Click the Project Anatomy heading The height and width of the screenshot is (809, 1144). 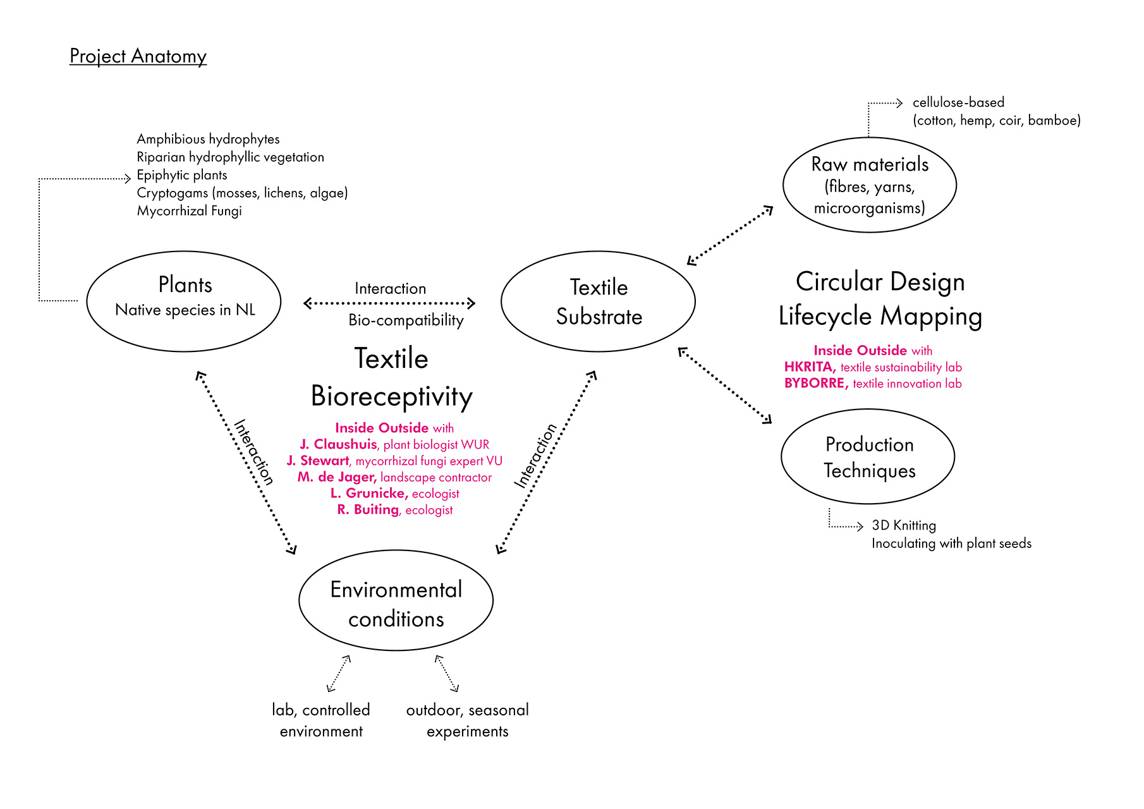click(x=138, y=56)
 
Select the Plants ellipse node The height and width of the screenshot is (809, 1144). click(x=184, y=301)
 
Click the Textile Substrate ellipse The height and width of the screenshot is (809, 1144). click(x=598, y=301)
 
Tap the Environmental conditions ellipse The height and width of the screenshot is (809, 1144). click(x=396, y=600)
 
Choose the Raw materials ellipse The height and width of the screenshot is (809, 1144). click(x=869, y=185)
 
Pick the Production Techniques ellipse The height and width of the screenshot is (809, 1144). click(x=868, y=457)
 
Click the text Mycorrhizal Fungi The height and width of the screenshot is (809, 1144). click(x=189, y=211)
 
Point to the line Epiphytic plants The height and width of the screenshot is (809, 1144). click(x=182, y=175)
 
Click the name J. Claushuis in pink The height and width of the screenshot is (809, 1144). click(x=339, y=444)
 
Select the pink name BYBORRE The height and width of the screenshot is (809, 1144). click(x=815, y=383)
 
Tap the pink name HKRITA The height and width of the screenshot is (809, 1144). click(x=810, y=367)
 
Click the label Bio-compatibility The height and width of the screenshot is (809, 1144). click(x=406, y=320)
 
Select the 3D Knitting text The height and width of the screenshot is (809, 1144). click(x=903, y=525)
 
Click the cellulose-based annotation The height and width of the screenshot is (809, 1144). click(x=958, y=102)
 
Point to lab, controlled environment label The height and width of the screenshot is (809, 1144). click(x=321, y=721)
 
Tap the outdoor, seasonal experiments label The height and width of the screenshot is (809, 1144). click(x=467, y=721)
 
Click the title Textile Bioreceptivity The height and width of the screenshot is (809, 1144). click(x=391, y=377)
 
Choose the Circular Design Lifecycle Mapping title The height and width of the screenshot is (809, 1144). click(x=880, y=299)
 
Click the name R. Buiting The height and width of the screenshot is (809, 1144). click(x=368, y=510)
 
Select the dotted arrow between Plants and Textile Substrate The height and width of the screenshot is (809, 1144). click(x=389, y=303)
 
